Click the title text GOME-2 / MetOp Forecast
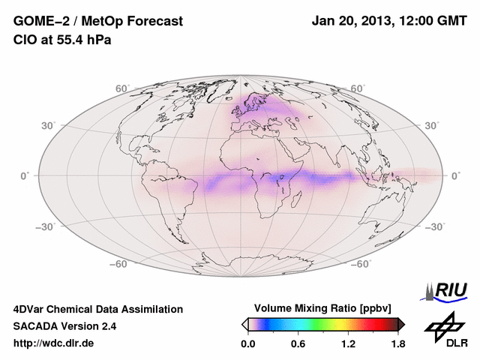pos(98,22)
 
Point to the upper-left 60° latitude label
pos(122,88)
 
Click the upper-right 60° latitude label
pos(358,88)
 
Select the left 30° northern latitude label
pos(49,125)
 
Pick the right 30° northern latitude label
pos(432,125)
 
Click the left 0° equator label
pos(25,175)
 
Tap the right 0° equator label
pos(455,175)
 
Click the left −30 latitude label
pos(47,226)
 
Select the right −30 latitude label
pos(434,226)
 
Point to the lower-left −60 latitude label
pos(120,264)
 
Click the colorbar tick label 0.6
pos(298,344)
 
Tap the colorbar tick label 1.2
pos(348,344)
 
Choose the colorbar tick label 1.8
pos(397,344)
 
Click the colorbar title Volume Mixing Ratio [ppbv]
pos(323,308)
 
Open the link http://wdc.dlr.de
pos(54,343)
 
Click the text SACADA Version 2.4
pos(64,326)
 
